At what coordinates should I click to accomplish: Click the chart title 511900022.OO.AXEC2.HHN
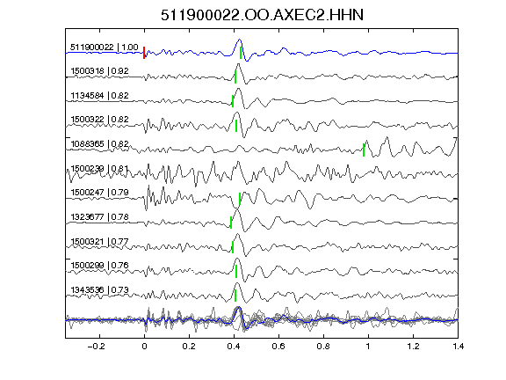click(262, 15)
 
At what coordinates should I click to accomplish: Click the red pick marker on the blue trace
click(144, 53)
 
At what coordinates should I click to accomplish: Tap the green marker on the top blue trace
click(241, 53)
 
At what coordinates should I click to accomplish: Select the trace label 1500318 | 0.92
click(99, 71)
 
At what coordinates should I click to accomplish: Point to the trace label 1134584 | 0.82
click(99, 96)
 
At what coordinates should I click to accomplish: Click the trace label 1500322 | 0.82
click(99, 120)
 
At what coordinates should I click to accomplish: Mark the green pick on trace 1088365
click(364, 150)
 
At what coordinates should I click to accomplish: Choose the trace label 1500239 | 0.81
click(99, 169)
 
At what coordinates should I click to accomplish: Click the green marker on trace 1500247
click(240, 199)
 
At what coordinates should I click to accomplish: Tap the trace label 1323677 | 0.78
click(99, 217)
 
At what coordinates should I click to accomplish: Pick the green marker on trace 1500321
click(233, 247)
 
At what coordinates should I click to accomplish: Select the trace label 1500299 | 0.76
click(99, 266)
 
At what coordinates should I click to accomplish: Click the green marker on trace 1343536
click(235, 296)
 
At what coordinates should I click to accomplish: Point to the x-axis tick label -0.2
click(96, 347)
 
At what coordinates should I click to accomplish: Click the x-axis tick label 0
click(144, 347)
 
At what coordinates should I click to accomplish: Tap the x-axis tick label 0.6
click(278, 347)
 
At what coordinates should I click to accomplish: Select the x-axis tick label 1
click(368, 347)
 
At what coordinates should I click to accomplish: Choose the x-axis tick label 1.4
click(458, 347)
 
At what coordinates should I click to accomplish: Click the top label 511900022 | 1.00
click(105, 47)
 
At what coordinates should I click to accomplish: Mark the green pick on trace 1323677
click(231, 223)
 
